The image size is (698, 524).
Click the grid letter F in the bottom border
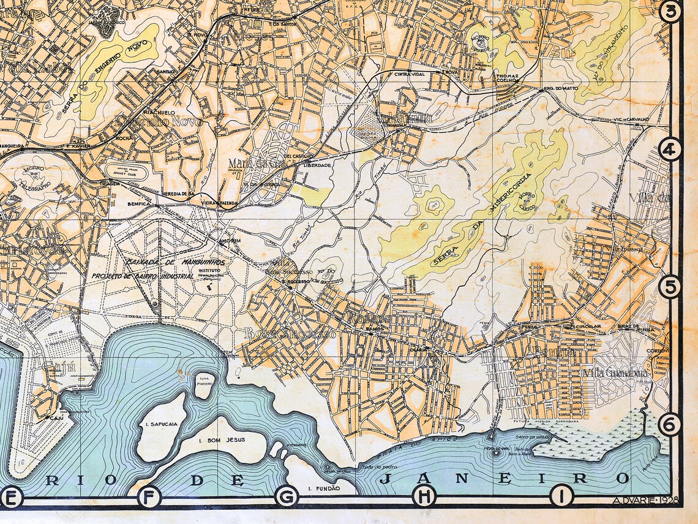[x=148, y=496]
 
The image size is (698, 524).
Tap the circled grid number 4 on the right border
[x=670, y=149]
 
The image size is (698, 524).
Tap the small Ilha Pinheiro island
[x=204, y=385]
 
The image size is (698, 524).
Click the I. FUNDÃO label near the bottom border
[x=323, y=488]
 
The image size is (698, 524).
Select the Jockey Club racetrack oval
[x=127, y=172]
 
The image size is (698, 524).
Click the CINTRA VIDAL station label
[x=409, y=74]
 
